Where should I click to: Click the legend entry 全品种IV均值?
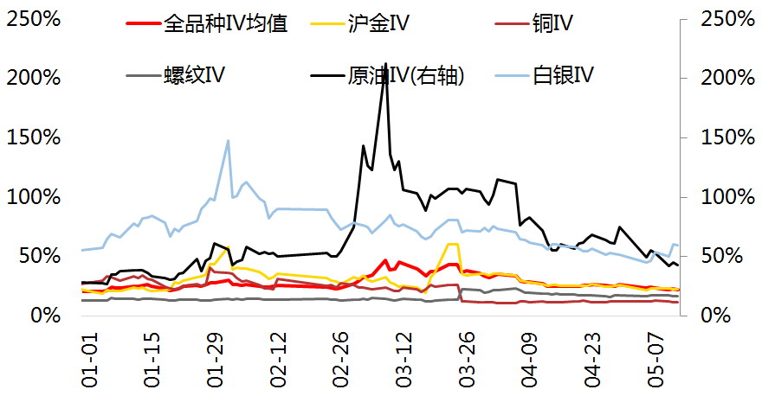point(207,23)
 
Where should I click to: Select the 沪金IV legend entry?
point(360,23)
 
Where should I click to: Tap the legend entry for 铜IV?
point(534,23)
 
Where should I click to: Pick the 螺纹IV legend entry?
point(176,75)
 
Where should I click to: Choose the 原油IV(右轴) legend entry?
point(388,75)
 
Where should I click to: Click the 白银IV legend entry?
point(545,75)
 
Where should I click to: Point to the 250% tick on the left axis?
point(34,19)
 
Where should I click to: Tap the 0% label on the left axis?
point(46,316)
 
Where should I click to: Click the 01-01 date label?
point(89,360)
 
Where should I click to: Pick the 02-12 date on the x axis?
point(279,360)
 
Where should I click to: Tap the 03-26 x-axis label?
point(467,360)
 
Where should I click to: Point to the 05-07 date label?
point(656,360)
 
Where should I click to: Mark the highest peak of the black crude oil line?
point(386,63)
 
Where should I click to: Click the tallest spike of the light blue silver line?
point(228,141)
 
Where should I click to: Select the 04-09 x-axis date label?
point(530,360)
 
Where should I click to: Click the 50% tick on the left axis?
point(40,256)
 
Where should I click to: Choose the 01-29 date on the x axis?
point(216,360)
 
